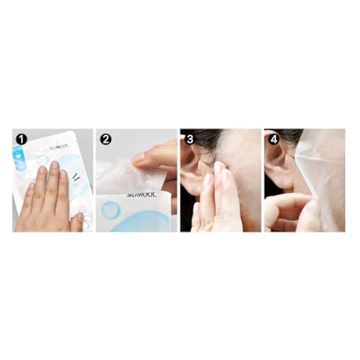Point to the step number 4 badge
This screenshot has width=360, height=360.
pos(273,138)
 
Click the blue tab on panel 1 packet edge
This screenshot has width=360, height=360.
pos(20,157)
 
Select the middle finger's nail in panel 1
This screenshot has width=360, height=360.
pos(55,166)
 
